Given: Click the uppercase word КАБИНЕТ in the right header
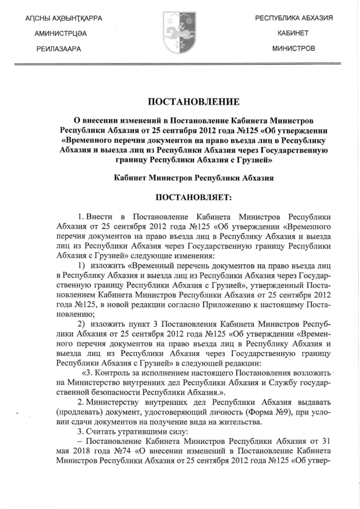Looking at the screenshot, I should click(293, 34).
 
